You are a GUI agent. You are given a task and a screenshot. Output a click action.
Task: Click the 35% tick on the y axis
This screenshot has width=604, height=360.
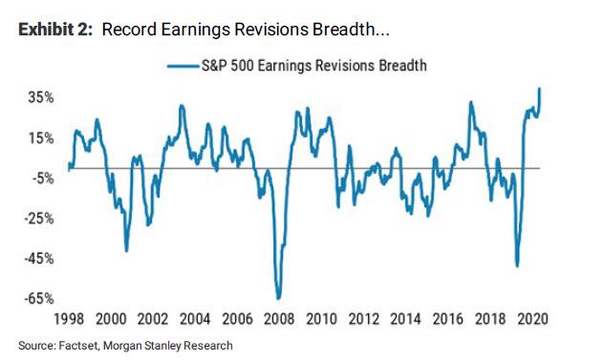point(40,97)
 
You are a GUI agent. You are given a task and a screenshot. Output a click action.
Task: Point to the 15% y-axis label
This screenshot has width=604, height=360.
point(40,138)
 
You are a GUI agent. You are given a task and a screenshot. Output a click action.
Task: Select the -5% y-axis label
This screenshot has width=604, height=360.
point(40,178)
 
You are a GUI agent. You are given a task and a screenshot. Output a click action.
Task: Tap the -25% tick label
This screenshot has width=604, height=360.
point(38,218)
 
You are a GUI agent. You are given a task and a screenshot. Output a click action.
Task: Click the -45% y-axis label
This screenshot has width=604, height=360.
point(38,258)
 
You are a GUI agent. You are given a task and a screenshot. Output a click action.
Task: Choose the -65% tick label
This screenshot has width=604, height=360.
point(38,298)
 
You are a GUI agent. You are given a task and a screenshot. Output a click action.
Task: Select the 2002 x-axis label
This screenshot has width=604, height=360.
point(152,320)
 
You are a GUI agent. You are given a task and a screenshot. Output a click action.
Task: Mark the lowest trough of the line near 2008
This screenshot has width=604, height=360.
point(278,298)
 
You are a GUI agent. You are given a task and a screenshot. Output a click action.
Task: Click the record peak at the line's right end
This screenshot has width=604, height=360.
point(540,89)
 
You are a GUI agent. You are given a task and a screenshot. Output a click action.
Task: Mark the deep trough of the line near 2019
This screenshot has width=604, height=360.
point(517,265)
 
